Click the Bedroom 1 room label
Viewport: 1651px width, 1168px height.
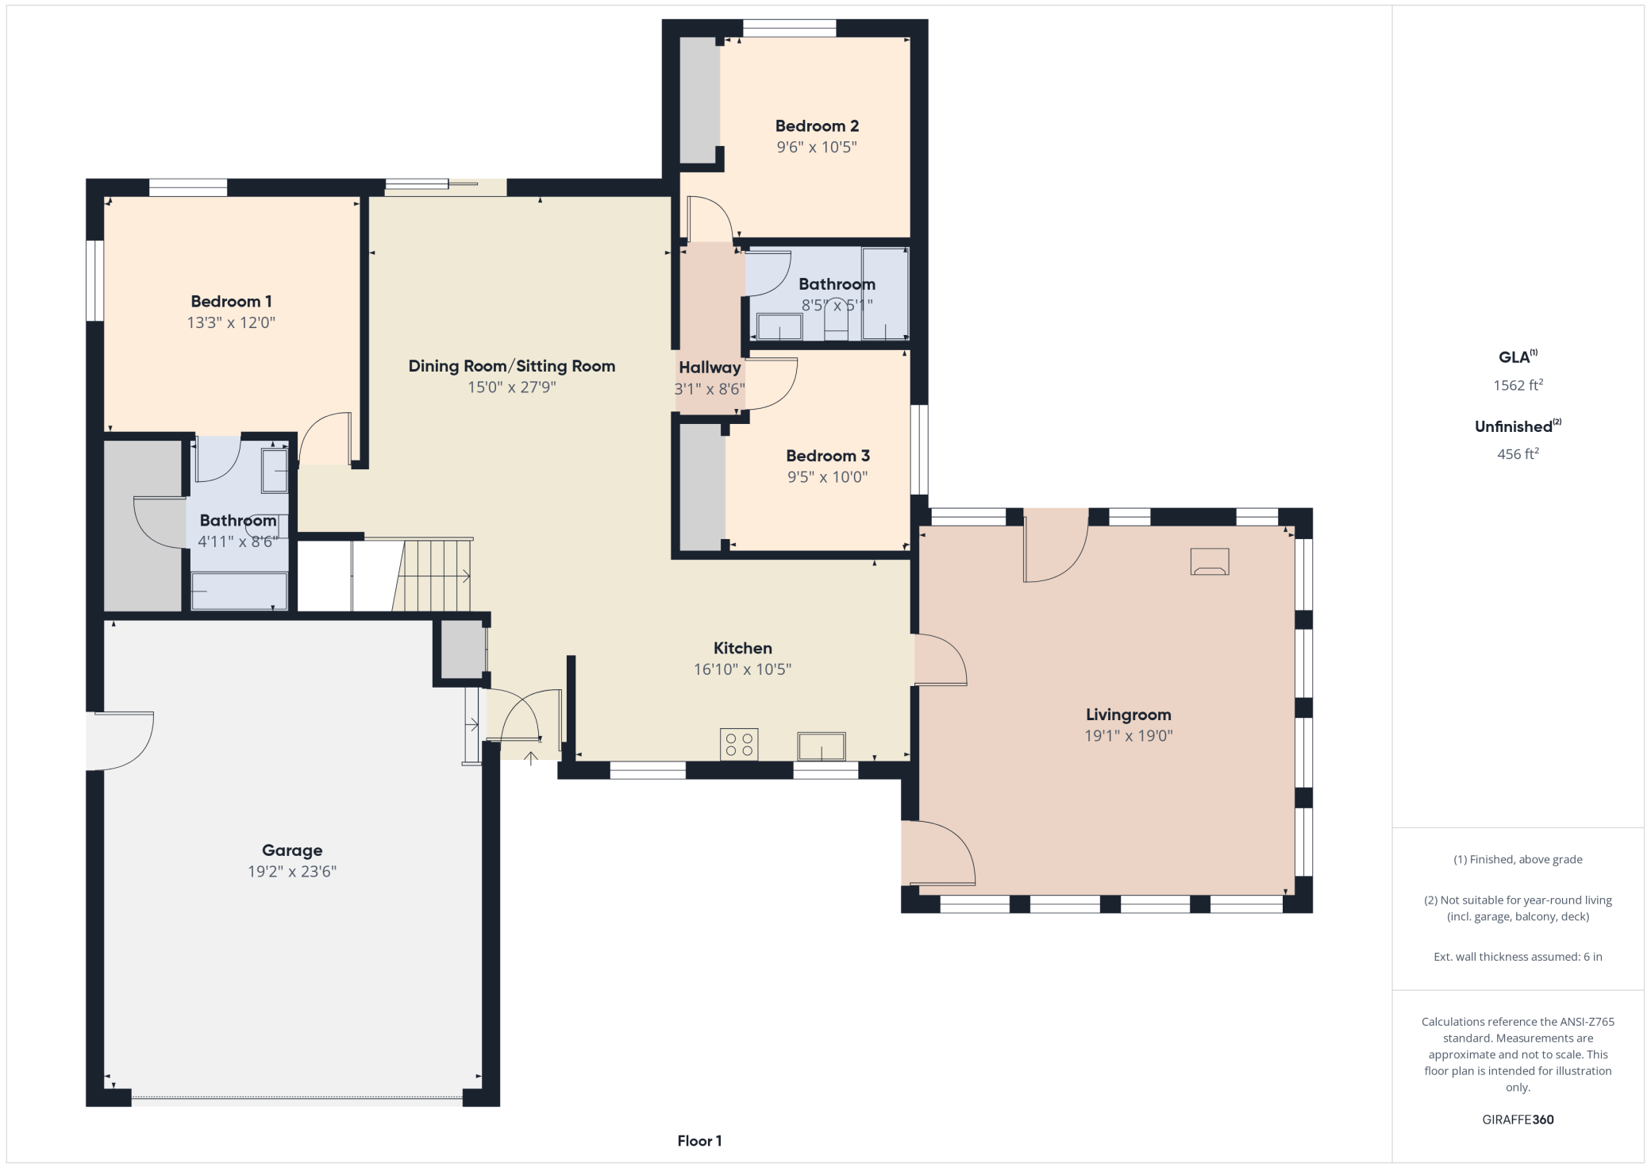[x=231, y=302]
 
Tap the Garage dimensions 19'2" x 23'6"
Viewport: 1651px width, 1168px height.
[x=292, y=871]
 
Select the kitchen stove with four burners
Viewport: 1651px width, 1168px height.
[x=739, y=744]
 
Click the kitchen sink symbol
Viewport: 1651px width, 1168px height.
[x=822, y=746]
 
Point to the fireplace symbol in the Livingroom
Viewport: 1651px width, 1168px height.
[x=1210, y=562]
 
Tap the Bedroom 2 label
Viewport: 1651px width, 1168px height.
[x=817, y=126]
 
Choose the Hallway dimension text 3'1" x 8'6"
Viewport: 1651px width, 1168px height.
[x=710, y=389]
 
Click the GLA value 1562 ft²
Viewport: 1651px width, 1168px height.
[x=1518, y=385]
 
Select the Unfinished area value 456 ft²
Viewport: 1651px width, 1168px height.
[x=1518, y=453]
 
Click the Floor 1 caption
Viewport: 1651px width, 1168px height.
[x=699, y=1141]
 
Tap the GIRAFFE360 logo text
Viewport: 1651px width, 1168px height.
[x=1518, y=1120]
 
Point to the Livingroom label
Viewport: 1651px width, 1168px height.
[x=1128, y=715]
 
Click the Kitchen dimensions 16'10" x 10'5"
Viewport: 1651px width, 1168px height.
[x=742, y=669]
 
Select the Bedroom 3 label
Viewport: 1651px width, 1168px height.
[x=828, y=456]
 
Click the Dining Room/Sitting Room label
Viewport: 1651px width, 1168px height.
[x=512, y=366]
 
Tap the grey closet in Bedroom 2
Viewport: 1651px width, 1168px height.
[x=699, y=100]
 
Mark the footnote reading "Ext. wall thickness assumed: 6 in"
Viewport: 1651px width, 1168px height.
[x=1518, y=957]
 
